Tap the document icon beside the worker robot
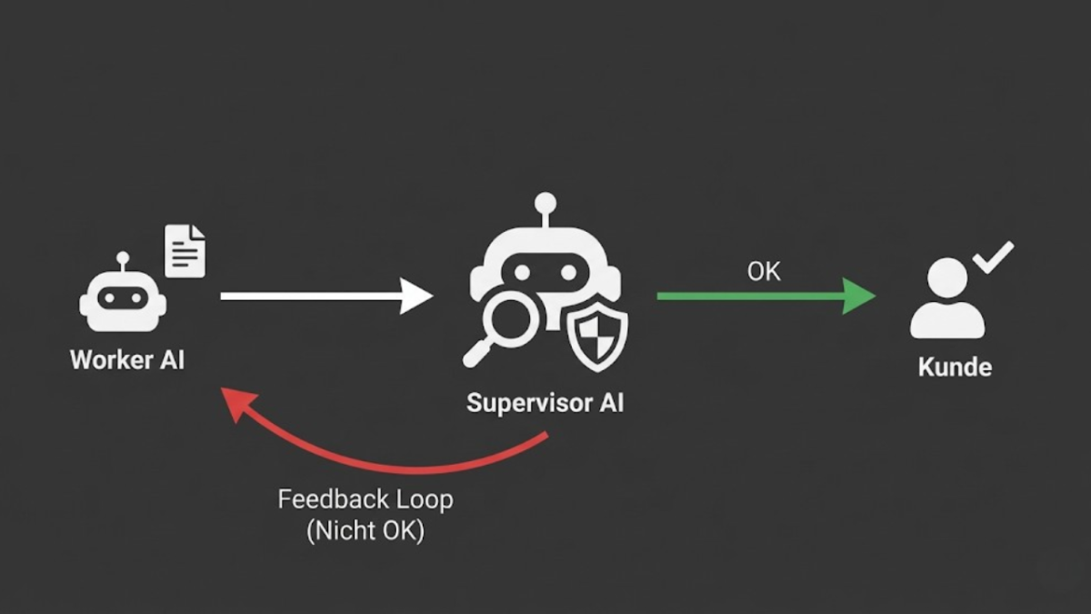click(185, 251)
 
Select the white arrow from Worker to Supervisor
click(318, 296)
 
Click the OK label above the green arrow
click(764, 271)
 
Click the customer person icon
click(946, 298)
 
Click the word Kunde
click(954, 367)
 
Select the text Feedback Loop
click(365, 499)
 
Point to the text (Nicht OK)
click(365, 530)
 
